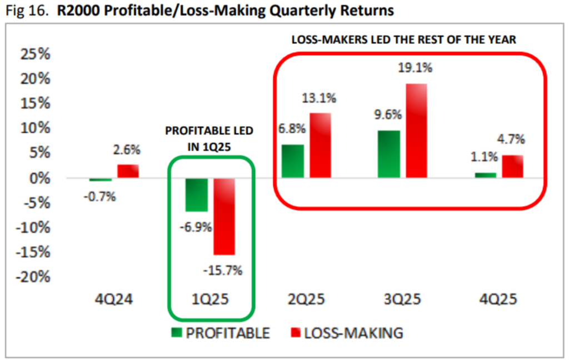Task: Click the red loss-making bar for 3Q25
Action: point(416,131)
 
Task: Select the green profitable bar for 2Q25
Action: point(293,161)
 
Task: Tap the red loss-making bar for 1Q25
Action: point(224,216)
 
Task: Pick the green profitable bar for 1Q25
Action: point(197,194)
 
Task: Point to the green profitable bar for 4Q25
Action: point(485,176)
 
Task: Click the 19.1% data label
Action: point(415,68)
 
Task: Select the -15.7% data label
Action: point(223,271)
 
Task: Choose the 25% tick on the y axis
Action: point(34,54)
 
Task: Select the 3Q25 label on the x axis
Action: point(403,300)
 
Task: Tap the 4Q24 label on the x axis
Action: point(114,300)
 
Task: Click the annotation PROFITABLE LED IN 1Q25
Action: point(209,139)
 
